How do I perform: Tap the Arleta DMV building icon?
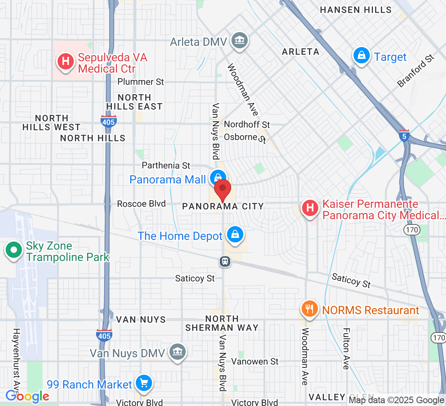pos(239,40)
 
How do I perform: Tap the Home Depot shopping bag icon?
pos(235,235)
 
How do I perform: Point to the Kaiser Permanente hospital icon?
pos(310,208)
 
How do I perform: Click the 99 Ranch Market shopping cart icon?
pos(143,382)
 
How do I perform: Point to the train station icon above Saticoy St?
pos(225,261)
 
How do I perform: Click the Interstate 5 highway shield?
pos(404,136)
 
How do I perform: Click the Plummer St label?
pos(141,82)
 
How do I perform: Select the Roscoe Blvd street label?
pos(141,203)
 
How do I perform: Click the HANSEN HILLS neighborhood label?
pos(356,10)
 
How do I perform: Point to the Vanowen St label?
pos(255,361)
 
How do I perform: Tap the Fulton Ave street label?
pos(346,349)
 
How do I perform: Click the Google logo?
pos(27,396)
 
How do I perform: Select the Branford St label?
pos(416,71)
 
